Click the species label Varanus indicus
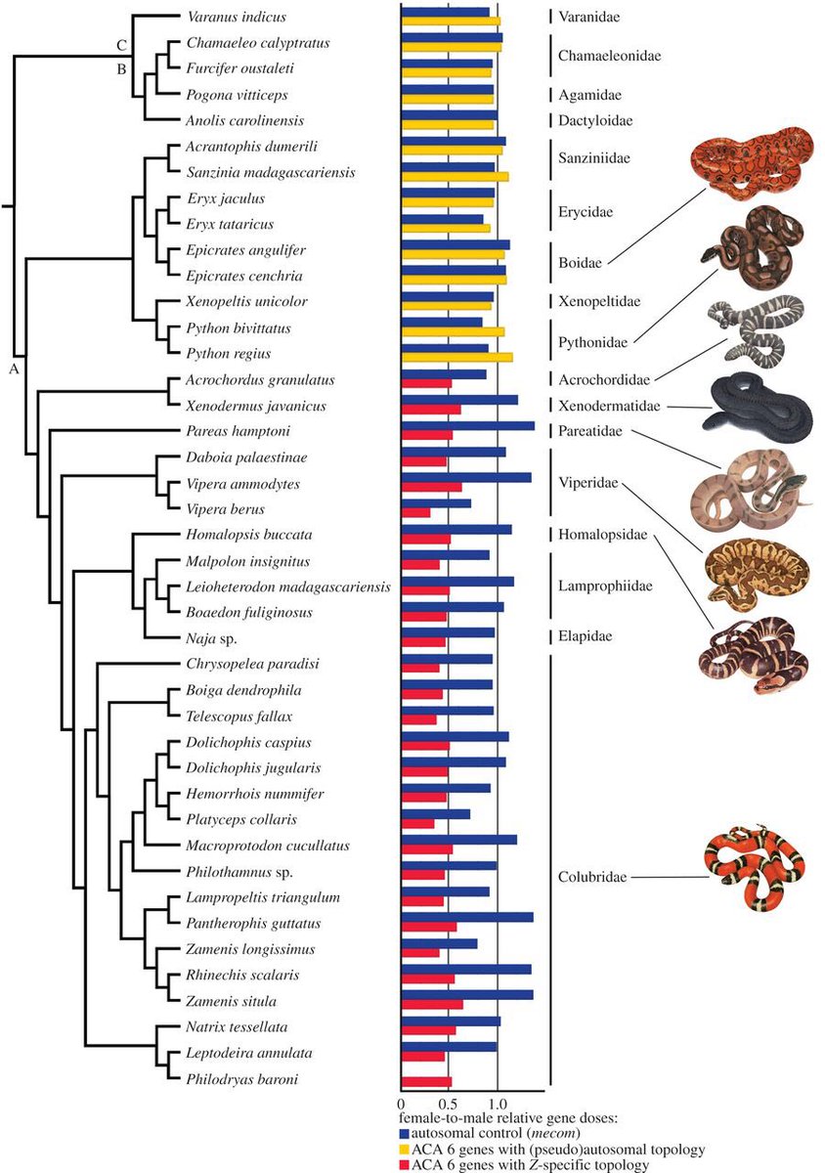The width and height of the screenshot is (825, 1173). click(x=223, y=18)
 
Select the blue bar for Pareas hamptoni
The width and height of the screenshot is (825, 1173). click(x=468, y=425)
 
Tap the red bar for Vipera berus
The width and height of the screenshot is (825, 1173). click(x=416, y=513)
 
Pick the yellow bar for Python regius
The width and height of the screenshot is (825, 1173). click(x=456, y=358)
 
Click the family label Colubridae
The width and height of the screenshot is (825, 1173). click(x=593, y=878)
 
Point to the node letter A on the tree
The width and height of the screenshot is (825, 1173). click(x=14, y=369)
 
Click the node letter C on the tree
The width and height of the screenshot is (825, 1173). click(x=121, y=45)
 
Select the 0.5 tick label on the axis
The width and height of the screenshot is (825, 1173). click(x=449, y=1098)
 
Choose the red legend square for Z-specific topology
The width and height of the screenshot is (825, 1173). click(x=405, y=1164)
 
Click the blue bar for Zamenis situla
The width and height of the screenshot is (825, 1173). click(x=467, y=995)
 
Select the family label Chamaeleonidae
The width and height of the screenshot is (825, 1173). click(x=609, y=57)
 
